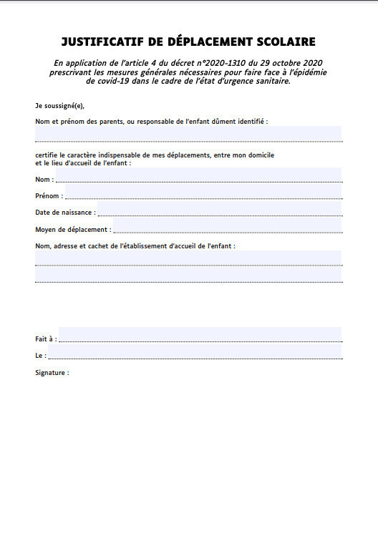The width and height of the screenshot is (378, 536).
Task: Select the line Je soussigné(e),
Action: click(x=59, y=105)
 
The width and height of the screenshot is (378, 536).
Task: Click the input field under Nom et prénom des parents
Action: click(x=188, y=134)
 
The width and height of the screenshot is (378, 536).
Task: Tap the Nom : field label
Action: click(x=43, y=180)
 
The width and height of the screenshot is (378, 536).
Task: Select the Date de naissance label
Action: click(x=64, y=212)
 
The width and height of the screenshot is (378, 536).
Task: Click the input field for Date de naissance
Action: click(x=219, y=208)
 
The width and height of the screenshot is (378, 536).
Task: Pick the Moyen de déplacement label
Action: click(x=73, y=230)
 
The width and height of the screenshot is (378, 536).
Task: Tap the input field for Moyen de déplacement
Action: click(x=228, y=226)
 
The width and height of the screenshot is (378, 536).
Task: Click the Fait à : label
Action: click(x=46, y=338)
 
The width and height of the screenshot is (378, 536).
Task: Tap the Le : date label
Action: click(x=41, y=355)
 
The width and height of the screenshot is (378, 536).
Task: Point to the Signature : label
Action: click(x=52, y=373)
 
